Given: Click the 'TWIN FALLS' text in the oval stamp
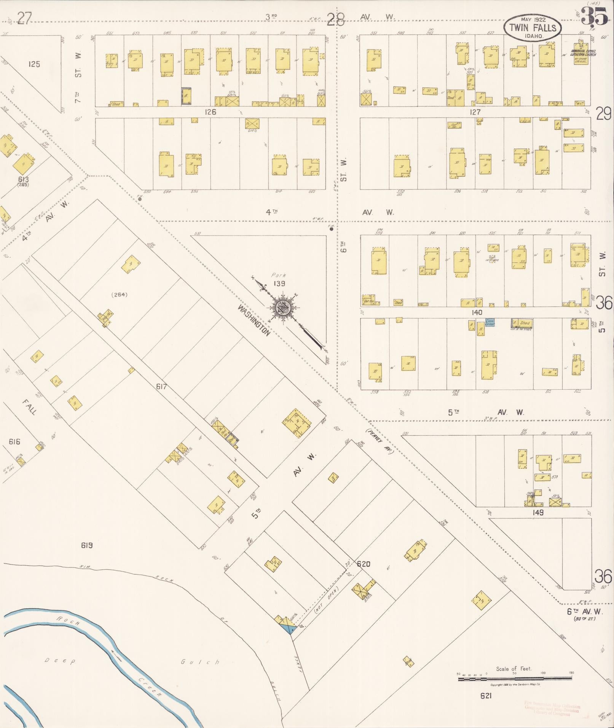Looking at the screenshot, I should [x=533, y=27].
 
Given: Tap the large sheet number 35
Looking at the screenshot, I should [x=595, y=17].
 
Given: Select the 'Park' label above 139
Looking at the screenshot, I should [x=279, y=275].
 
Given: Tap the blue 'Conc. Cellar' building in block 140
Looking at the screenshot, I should [x=490, y=322].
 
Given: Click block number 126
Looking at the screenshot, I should [x=210, y=112].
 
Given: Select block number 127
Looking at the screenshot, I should [x=475, y=112].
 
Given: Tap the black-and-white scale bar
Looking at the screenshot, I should [x=515, y=679].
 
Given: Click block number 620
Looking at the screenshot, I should [x=364, y=564].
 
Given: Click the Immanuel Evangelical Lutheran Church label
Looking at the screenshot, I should [x=583, y=53].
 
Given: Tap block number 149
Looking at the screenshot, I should [x=538, y=512].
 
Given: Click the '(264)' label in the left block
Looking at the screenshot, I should [x=119, y=294].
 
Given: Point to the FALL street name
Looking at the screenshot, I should [x=30, y=407].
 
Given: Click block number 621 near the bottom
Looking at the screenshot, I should [x=486, y=696].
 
